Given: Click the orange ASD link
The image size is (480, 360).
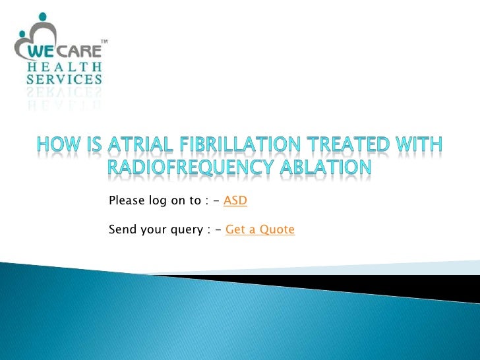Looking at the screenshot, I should pyautogui.click(x=235, y=200).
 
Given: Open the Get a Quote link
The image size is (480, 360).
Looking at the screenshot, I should pyautogui.click(x=260, y=229).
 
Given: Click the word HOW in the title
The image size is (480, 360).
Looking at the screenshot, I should pyautogui.click(x=55, y=144).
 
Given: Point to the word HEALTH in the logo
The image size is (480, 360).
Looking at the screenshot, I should pyautogui.click(x=64, y=67).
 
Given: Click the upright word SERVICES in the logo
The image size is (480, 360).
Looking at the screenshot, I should pyautogui.click(x=64, y=80).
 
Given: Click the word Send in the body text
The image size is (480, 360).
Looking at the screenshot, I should pyautogui.click(x=121, y=229).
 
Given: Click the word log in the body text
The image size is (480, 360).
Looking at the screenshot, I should pyautogui.click(x=158, y=201).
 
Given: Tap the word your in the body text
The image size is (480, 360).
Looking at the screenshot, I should pyautogui.click(x=152, y=230).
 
